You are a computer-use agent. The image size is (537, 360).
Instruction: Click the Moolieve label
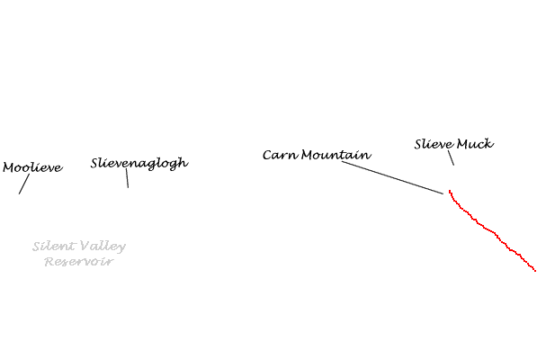point(33,167)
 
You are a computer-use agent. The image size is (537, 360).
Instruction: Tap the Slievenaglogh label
point(139,163)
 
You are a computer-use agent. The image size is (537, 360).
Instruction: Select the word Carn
point(281,155)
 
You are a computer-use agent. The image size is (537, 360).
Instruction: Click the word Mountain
point(336,155)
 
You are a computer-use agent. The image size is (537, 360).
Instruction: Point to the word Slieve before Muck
point(434,144)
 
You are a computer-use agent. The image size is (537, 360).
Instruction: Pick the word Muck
point(475,144)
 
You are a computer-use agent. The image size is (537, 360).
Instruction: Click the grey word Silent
point(54,246)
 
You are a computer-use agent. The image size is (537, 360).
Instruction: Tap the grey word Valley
point(103,247)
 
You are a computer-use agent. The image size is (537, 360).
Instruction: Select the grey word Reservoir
point(79,262)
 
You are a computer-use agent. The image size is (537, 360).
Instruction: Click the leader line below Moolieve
point(24,184)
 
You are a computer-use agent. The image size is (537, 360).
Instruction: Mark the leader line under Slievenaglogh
point(128,178)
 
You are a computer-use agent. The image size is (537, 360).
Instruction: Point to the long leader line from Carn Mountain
point(392,178)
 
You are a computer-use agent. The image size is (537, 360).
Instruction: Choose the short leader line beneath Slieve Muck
point(452,157)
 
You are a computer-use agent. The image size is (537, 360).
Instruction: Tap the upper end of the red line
point(450,191)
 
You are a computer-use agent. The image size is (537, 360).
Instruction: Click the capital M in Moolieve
point(9,167)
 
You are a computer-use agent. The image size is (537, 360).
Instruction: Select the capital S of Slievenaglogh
point(95,163)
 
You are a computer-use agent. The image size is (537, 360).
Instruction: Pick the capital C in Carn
point(268,155)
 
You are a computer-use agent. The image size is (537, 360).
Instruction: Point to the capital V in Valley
point(85,246)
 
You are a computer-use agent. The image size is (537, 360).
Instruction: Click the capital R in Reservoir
point(49,262)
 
